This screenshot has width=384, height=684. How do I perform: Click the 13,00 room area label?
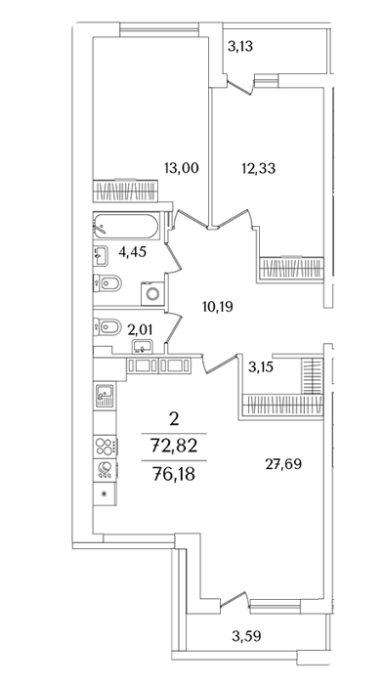point(182,168)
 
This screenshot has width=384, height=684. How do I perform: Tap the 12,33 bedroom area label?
point(259,168)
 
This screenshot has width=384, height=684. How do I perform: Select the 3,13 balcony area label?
point(240,46)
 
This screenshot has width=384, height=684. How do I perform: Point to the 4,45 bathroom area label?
point(132,252)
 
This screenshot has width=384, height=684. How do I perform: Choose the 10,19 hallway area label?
point(218,307)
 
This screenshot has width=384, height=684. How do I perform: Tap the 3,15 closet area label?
point(261,367)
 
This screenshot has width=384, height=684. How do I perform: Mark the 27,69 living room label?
point(283,464)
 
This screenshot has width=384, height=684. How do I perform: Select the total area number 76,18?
point(174,472)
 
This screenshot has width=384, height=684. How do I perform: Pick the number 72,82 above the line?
point(174,446)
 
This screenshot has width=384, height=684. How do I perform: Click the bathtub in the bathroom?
point(126,226)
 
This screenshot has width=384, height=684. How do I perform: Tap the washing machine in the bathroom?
point(152,293)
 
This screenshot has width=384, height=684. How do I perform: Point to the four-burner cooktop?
point(106,447)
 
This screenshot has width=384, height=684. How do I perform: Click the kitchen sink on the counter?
point(105,396)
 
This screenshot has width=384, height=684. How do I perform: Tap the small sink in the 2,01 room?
point(142,347)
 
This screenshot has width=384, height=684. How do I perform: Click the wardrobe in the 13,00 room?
point(125,191)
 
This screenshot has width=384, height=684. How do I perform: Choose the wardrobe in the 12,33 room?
point(291,268)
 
